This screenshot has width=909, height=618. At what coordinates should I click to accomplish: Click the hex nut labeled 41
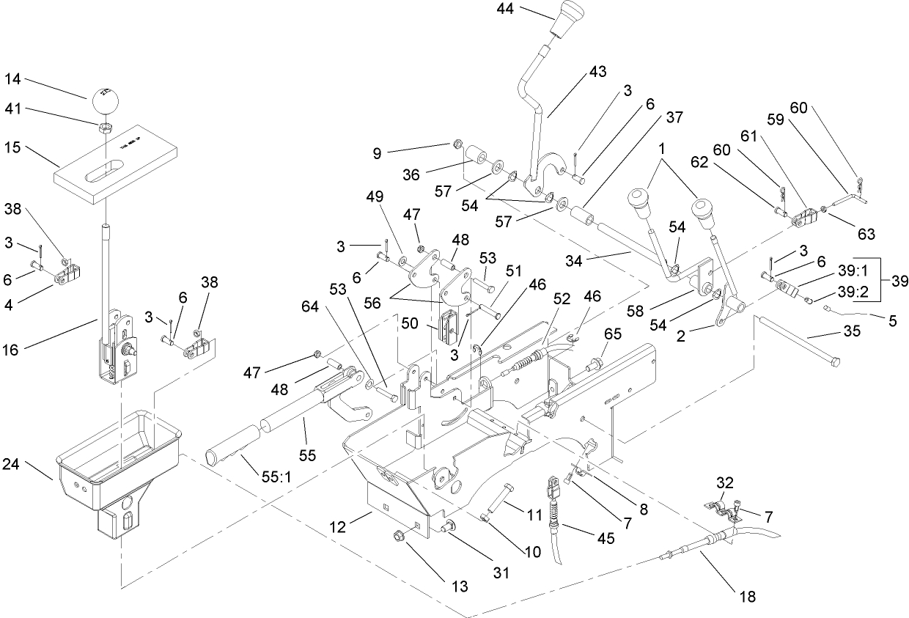point(104,128)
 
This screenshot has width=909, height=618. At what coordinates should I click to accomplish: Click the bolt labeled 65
point(595,363)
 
